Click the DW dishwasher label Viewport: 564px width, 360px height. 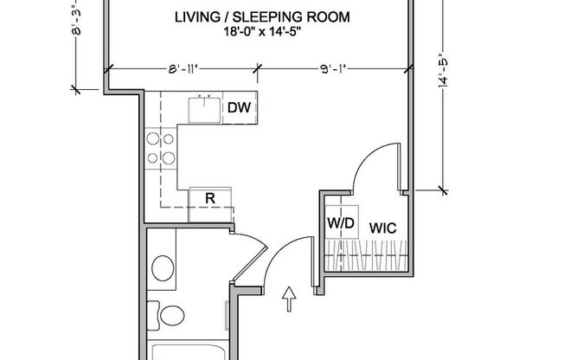coord(240,107)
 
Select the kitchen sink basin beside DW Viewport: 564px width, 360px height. coord(206,107)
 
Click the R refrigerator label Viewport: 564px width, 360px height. coord(209,198)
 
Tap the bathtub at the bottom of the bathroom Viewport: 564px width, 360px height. coord(190,350)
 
